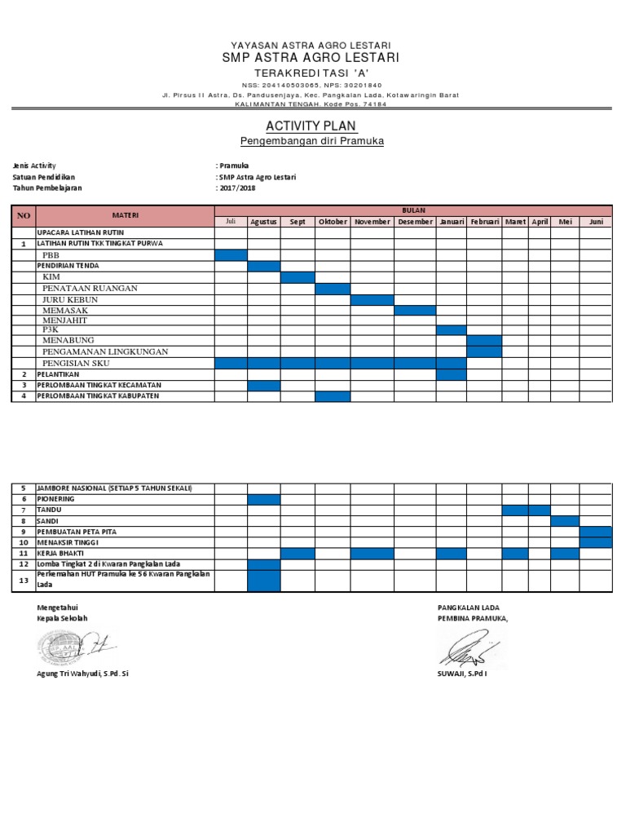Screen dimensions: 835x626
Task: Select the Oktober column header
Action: coord(333,222)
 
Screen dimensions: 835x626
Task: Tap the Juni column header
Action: coord(596,222)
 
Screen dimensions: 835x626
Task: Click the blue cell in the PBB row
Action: coord(231,255)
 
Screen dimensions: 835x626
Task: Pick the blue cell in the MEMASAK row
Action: coord(415,310)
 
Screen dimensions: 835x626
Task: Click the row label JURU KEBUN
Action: coord(70,299)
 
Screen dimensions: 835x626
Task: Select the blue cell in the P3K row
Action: coord(451,330)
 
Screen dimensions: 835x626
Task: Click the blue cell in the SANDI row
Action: coord(565,521)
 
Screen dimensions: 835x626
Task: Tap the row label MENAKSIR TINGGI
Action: coord(68,542)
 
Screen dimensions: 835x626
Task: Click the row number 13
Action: coord(24,580)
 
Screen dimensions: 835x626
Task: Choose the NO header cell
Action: coord(24,215)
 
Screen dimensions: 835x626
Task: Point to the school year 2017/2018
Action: coord(237,188)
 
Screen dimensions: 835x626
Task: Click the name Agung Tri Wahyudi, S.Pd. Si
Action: coord(83,674)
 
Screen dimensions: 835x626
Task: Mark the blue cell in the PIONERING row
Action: coord(263,499)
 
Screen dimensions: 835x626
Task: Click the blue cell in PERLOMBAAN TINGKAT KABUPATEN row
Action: coord(333,396)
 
